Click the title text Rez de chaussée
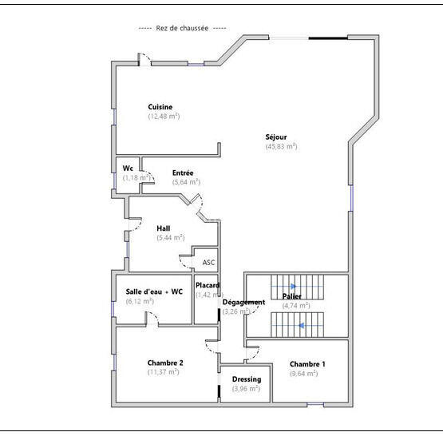point(173,28)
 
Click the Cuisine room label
point(160,107)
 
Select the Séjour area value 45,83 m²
point(281,147)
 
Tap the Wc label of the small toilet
point(127,168)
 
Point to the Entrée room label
point(183,172)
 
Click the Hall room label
point(163,228)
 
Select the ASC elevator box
point(208,262)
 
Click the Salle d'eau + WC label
point(154,291)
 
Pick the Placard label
point(208,285)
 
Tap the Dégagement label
point(243,302)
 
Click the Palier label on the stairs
point(291,296)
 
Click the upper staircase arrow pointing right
point(293,285)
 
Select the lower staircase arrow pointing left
point(301,326)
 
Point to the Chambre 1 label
point(307,363)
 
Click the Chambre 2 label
point(165,363)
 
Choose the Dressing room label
point(246,379)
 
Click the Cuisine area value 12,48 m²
point(164,117)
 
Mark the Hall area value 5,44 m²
point(170,238)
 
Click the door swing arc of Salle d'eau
point(151,317)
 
